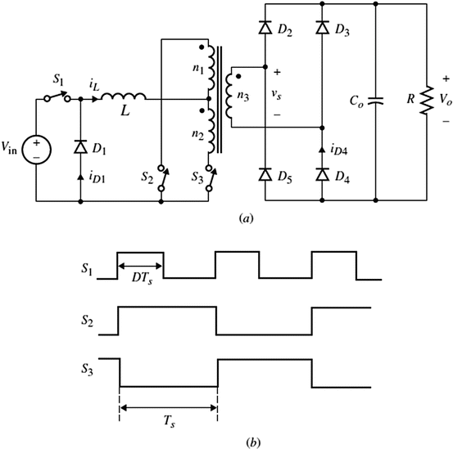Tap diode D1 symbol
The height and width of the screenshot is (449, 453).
80,147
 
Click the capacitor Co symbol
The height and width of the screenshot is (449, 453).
374,102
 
